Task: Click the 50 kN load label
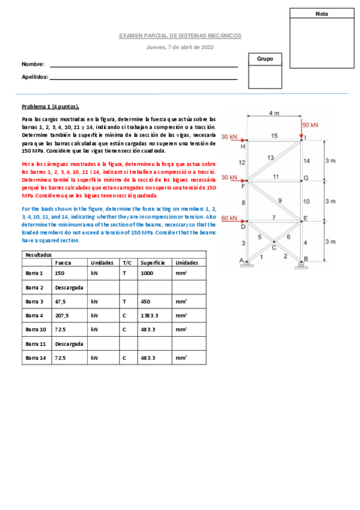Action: pyautogui.click(x=310, y=124)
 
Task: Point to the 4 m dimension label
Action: pyautogui.click(x=274, y=113)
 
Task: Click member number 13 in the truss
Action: pyautogui.click(x=270, y=157)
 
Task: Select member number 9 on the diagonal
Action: pyautogui.click(x=279, y=200)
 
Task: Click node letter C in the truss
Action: pyautogui.click(x=273, y=247)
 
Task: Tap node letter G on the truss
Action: pyautogui.click(x=306, y=178)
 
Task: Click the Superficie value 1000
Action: pyautogui.click(x=147, y=272)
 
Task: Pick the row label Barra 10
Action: pyautogui.click(x=35, y=329)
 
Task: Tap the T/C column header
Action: pyautogui.click(x=127, y=262)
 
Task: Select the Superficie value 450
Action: pyautogui.click(x=145, y=301)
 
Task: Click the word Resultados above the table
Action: pyautogui.click(x=38, y=254)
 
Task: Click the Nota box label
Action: pyautogui.click(x=322, y=13)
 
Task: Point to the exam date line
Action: pyautogui.click(x=180, y=47)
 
